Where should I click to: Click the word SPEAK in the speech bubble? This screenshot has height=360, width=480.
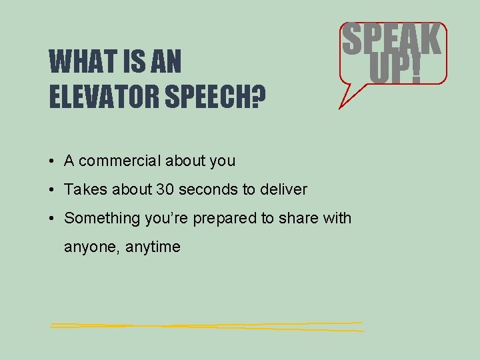pos(391,41)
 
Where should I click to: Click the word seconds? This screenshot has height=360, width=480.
pos(206,189)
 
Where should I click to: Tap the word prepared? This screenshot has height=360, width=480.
pos(221,218)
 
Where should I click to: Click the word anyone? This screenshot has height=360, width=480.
pos(87,247)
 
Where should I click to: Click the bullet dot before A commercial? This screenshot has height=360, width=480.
pos(51,161)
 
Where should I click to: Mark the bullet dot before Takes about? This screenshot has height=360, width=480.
pos(51,190)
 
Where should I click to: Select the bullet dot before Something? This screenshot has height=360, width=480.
pos(51,219)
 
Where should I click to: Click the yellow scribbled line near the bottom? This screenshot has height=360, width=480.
pos(207,326)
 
